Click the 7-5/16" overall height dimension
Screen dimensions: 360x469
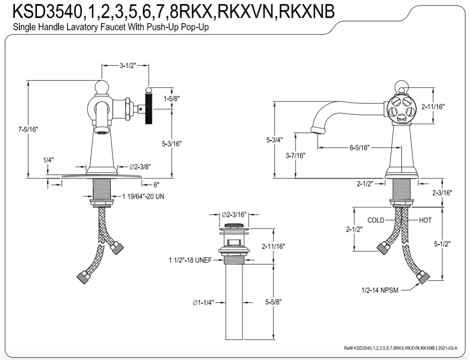(x=28, y=129)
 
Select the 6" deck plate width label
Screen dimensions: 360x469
(x=157, y=185)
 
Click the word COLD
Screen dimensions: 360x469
(x=376, y=220)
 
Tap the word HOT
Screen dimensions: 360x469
(x=425, y=220)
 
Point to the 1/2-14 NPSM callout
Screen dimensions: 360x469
(x=380, y=290)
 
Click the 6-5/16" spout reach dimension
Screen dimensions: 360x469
(x=359, y=148)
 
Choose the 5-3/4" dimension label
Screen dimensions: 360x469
(x=274, y=140)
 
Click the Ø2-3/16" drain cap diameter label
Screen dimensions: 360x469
(x=235, y=215)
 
